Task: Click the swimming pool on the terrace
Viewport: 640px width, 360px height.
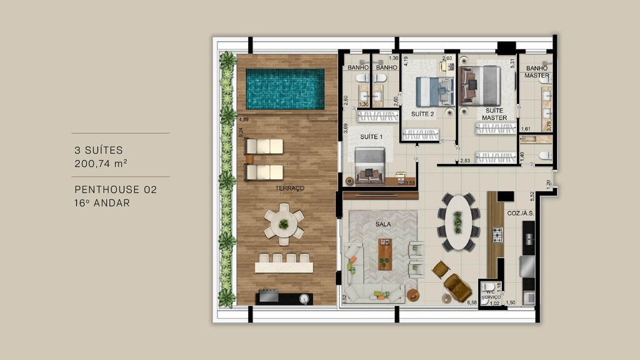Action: tap(285, 89)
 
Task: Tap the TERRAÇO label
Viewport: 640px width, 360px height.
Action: tap(289, 188)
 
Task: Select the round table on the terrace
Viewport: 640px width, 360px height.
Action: tap(284, 224)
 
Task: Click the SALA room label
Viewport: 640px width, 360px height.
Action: tap(383, 223)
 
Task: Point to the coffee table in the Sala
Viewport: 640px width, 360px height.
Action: tap(385, 254)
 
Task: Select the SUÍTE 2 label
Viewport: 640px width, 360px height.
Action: tap(422, 114)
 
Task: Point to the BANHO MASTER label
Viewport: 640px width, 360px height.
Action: tap(537, 72)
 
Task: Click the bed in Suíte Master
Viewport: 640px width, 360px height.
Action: tap(481, 86)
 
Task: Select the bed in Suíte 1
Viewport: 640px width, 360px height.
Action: tap(369, 164)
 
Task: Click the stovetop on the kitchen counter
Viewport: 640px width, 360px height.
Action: tap(497, 235)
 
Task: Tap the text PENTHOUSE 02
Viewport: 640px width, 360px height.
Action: tap(115, 189)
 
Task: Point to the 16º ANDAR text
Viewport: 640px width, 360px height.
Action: tap(102, 202)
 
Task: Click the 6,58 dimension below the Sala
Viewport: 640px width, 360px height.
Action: tap(472, 302)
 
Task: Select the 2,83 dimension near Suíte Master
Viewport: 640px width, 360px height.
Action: tap(465, 161)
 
